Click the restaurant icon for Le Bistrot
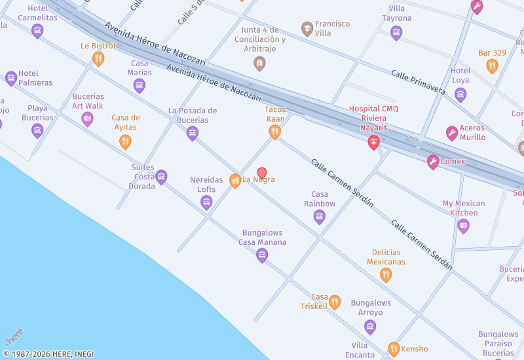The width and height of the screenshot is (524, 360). point(98,58)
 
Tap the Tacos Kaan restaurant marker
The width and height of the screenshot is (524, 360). point(275,132)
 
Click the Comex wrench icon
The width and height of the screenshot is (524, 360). point(433,162)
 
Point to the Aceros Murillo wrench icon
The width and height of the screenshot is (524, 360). point(451,134)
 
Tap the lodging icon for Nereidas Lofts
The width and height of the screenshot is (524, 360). point(206,202)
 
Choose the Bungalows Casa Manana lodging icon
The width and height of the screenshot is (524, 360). point(262,255)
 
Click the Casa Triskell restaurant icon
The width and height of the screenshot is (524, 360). point(335,302)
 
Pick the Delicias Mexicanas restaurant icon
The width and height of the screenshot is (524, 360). point(386,275)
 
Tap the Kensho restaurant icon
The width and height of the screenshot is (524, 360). point(393,349)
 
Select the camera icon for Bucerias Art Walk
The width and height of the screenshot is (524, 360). point(87,118)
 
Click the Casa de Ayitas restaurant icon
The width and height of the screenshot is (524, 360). point(125,141)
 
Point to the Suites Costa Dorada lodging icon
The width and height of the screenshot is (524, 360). point(161,177)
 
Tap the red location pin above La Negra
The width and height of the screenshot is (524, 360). point(262,173)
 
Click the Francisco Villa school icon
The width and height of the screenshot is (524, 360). point(307,29)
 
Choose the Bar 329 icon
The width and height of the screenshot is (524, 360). point(492,65)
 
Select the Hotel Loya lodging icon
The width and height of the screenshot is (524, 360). point(460,94)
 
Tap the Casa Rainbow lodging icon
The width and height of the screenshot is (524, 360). point(320,217)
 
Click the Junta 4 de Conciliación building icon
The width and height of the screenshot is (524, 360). point(259,63)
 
